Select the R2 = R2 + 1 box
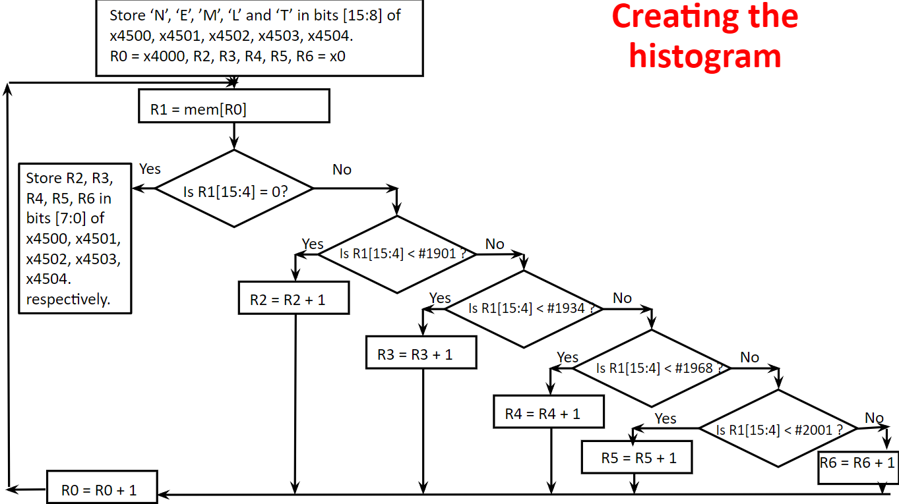click(293, 300)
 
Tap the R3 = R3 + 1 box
click(421, 354)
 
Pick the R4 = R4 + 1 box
click(548, 413)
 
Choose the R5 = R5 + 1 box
click(636, 458)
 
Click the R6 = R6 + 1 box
click(857, 462)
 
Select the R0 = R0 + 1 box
click(102, 490)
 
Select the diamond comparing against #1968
click(652, 368)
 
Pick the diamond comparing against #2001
click(778, 430)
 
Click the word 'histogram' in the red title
click(704, 56)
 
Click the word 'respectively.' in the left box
click(68, 299)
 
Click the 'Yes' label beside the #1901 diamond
click(313, 244)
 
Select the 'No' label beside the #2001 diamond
click(874, 418)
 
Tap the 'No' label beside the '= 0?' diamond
click(342, 170)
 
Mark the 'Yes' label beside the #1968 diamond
click(567, 357)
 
